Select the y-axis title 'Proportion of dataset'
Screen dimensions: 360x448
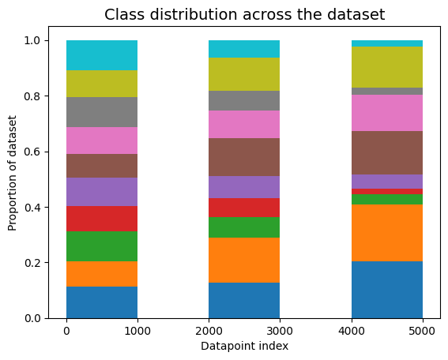(13, 179)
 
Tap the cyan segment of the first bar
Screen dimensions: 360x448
(102, 55)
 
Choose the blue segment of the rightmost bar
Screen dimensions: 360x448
(386, 290)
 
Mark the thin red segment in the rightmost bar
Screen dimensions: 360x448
(386, 191)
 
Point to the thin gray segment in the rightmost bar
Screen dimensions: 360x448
(386, 91)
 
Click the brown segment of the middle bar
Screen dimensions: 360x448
(244, 157)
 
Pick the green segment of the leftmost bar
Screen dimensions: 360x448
(102, 246)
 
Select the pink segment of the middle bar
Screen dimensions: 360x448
(244, 124)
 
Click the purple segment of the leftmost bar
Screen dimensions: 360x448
(102, 192)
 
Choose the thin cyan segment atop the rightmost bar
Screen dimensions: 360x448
(386, 43)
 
